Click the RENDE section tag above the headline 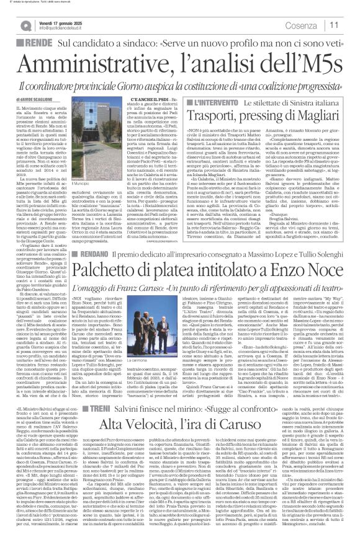(x=38, y=42)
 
